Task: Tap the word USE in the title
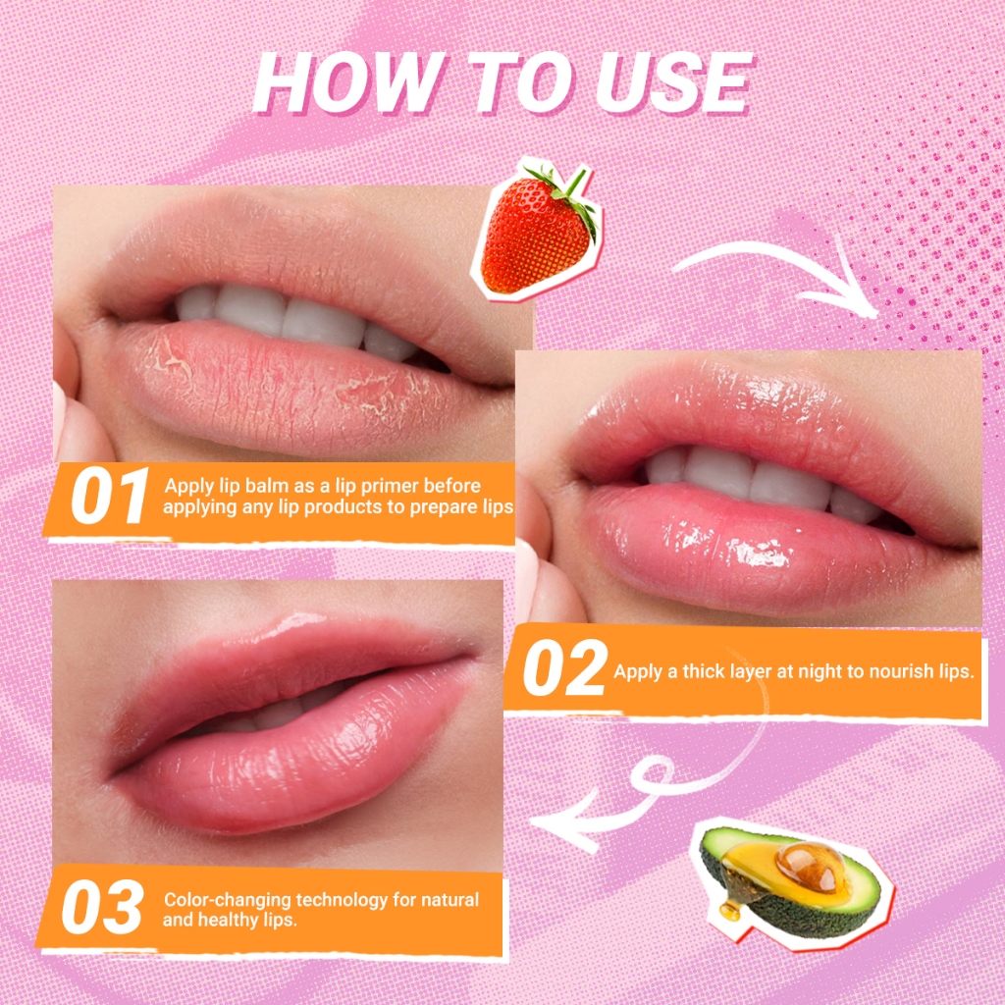point(673,83)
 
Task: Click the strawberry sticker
point(537,228)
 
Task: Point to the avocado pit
point(810,867)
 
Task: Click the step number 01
point(110,496)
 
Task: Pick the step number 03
point(102,907)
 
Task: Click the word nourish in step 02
point(904,671)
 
